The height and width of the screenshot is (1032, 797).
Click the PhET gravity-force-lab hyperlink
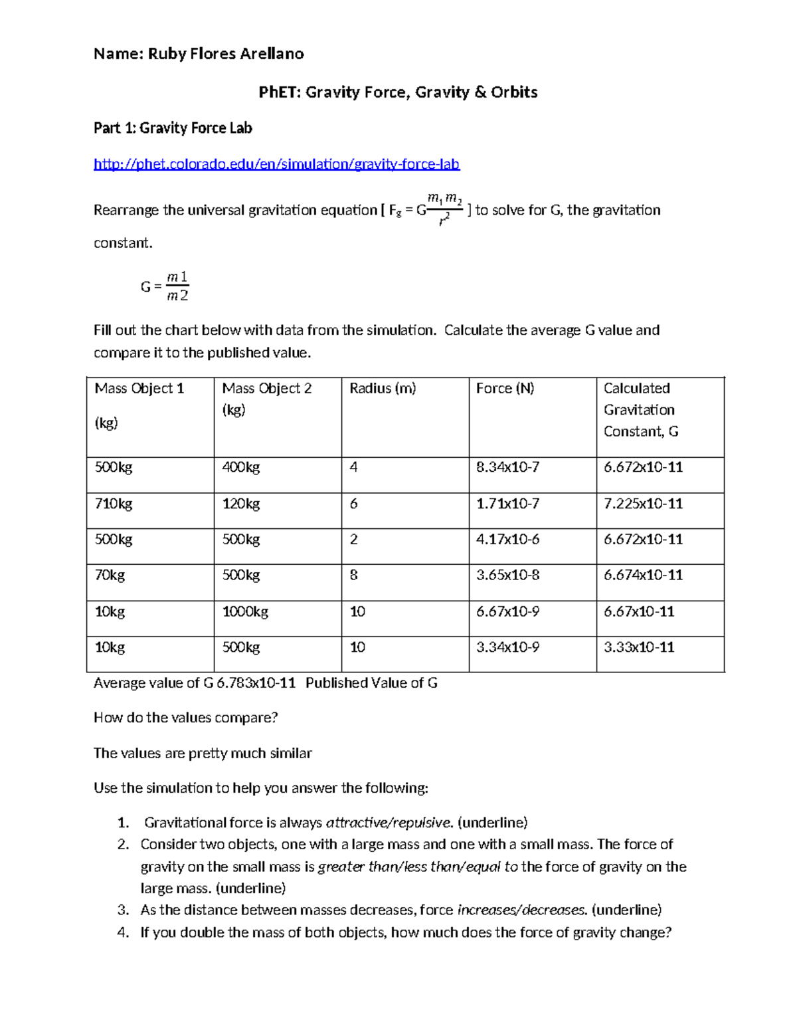[276, 164]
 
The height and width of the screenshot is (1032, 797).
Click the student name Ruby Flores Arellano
[225, 54]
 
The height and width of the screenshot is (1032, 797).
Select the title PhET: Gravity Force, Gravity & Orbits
[398, 92]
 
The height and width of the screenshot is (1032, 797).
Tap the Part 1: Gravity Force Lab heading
[173, 128]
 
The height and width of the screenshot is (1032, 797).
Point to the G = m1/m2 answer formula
[165, 286]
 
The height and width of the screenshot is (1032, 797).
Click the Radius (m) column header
[383, 389]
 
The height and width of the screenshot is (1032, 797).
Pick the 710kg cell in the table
[114, 504]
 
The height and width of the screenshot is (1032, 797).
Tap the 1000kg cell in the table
[245, 611]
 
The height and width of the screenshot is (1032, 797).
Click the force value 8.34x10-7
[507, 467]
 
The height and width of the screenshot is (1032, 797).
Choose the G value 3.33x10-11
[639, 647]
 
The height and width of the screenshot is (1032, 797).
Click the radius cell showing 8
[354, 575]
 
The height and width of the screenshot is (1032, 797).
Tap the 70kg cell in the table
[110, 575]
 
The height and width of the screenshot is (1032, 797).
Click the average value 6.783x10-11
[256, 683]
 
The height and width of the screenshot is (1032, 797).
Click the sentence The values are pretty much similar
[203, 753]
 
